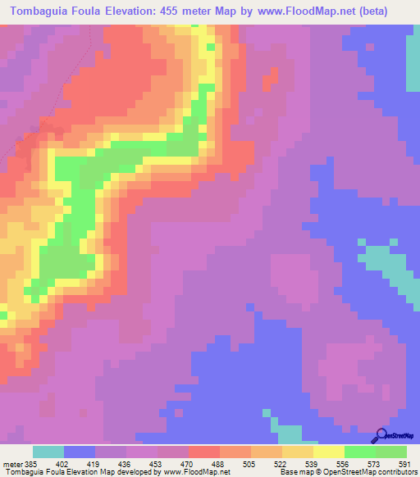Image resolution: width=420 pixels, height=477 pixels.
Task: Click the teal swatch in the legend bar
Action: (48, 452)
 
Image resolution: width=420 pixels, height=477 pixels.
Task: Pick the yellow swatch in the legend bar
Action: (328, 452)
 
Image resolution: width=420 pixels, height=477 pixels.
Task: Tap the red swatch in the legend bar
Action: (203, 452)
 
